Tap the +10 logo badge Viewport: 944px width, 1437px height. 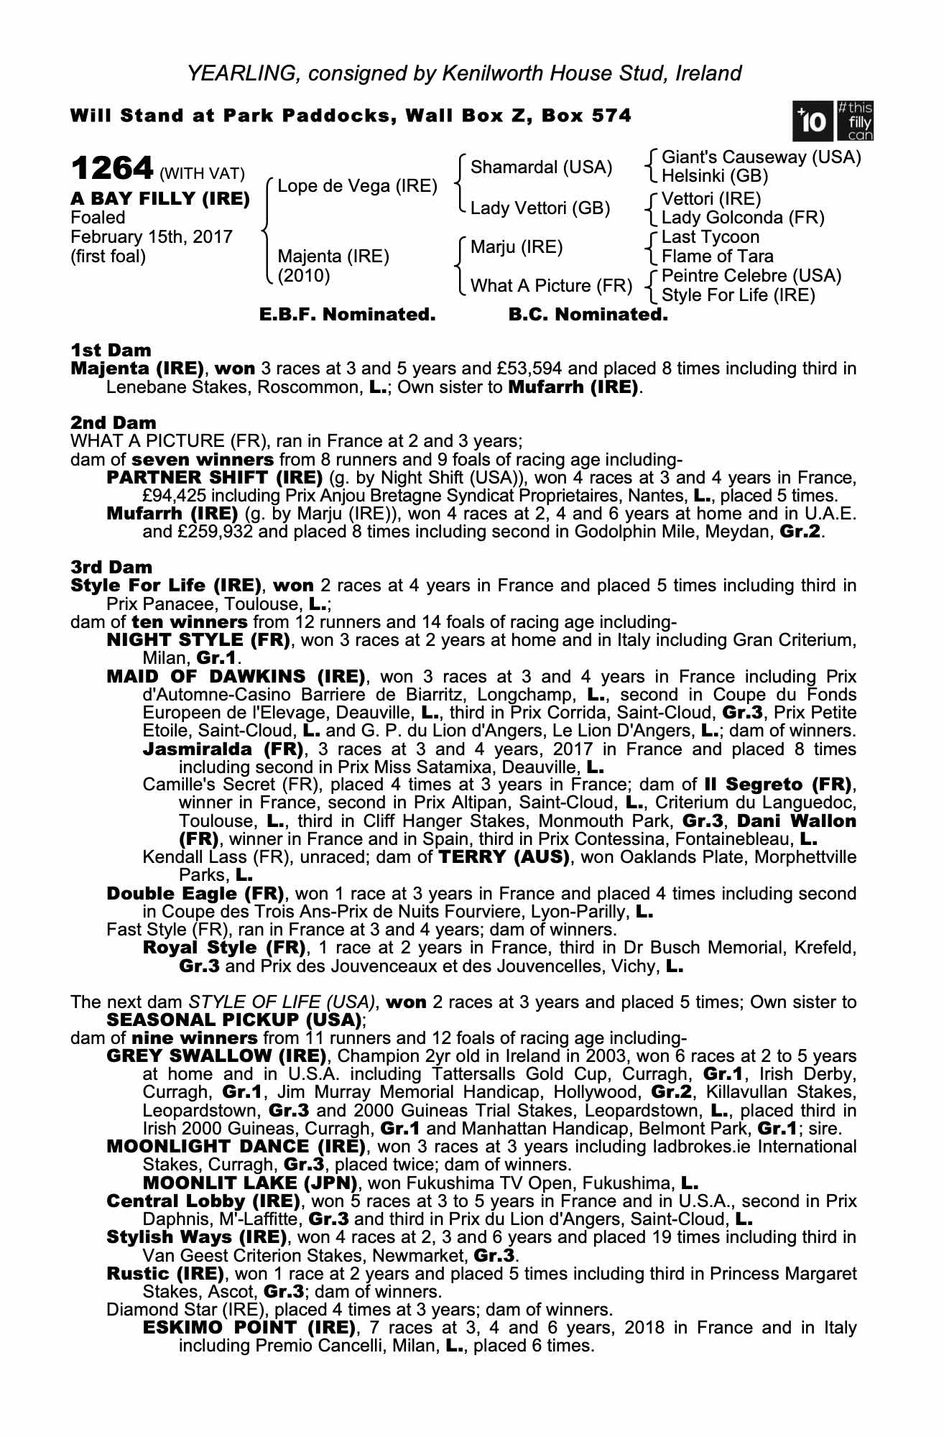812,121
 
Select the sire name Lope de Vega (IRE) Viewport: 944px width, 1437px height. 357,187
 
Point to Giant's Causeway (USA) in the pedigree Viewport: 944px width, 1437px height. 761,157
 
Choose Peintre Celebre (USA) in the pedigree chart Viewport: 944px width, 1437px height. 751,276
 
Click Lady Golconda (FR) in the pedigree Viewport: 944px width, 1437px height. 743,218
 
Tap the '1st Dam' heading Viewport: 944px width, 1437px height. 111,351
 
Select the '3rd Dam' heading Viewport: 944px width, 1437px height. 111,568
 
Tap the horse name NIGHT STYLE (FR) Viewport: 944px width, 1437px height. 198,640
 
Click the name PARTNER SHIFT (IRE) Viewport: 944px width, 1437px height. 214,478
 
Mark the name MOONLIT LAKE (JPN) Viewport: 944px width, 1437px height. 250,1183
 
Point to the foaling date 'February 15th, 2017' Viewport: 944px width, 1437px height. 151,237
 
